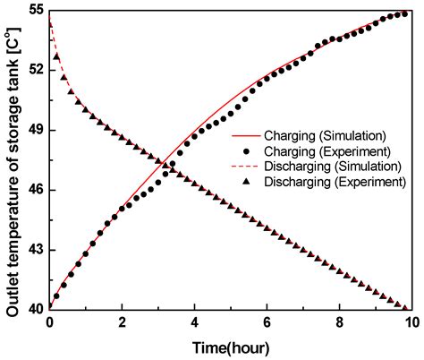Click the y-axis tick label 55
[36, 11]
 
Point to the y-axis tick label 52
[36, 70]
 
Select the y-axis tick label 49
[36, 130]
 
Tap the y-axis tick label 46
[36, 190]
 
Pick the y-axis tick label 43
[36, 250]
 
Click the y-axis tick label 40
[36, 309]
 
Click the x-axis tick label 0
[50, 322]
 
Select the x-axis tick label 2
[123, 322]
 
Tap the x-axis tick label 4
[195, 322]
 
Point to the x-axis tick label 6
[267, 322]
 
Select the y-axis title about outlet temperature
[13, 159]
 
